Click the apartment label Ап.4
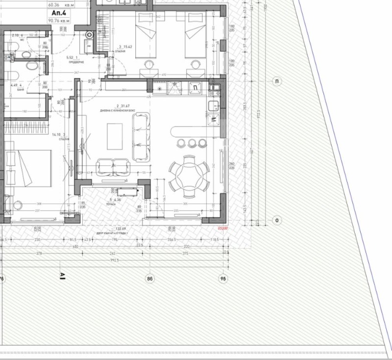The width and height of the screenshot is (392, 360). [59, 14]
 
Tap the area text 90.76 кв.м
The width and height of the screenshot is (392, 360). [59, 21]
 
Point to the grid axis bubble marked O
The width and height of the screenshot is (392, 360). [277, 221]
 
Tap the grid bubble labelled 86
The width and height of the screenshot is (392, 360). [150, 279]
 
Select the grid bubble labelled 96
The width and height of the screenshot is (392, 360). [223, 279]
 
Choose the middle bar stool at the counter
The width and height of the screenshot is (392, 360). [191, 143]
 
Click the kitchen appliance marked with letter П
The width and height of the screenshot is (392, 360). [195, 88]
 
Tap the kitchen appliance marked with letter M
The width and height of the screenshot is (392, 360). [214, 118]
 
